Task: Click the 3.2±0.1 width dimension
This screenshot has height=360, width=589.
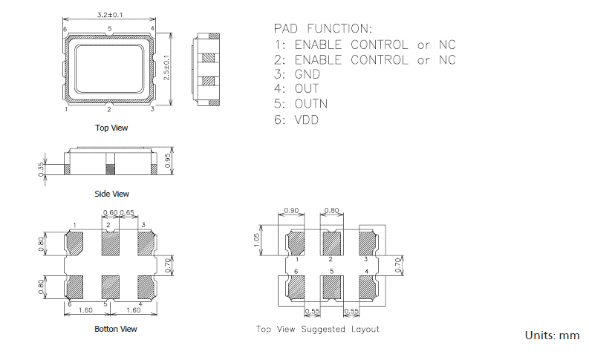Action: pyautogui.click(x=110, y=14)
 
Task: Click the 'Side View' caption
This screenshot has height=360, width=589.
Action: pyautogui.click(x=111, y=194)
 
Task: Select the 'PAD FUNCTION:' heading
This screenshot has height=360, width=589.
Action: pyautogui.click(x=322, y=28)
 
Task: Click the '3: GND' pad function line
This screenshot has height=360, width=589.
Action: pyautogui.click(x=297, y=74)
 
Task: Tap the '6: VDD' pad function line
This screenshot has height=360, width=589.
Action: pyautogui.click(x=296, y=119)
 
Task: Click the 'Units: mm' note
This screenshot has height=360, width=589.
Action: pyautogui.click(x=552, y=336)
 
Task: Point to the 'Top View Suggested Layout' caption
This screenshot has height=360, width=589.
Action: pyautogui.click(x=318, y=329)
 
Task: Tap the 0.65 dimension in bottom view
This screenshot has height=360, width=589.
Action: pyautogui.click(x=127, y=213)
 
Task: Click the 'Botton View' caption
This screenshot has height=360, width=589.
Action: pyautogui.click(x=116, y=329)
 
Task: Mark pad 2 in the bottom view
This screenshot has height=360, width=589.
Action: pyautogui.click(x=110, y=242)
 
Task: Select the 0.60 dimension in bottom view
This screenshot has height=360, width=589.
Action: pyautogui.click(x=109, y=213)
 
